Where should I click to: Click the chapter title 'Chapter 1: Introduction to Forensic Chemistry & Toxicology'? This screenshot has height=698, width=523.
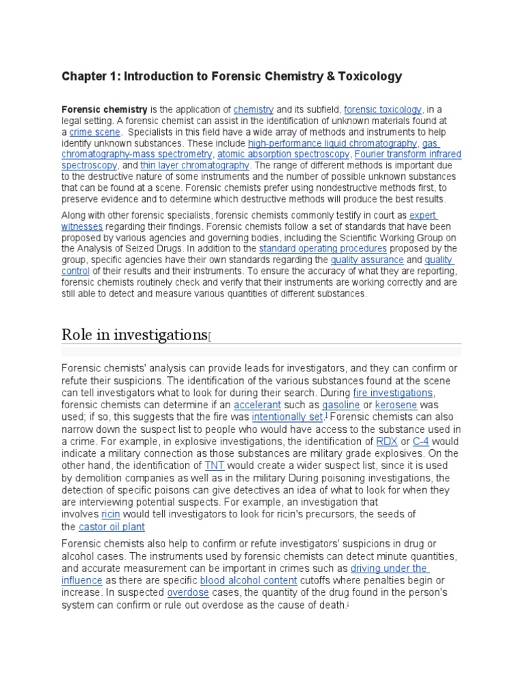point(232,76)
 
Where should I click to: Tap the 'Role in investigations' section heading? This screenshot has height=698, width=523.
point(133,334)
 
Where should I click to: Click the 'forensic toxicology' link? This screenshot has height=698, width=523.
point(383,109)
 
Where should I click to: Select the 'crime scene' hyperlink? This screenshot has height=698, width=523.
point(95,132)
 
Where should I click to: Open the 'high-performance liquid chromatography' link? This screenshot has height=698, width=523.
point(332,143)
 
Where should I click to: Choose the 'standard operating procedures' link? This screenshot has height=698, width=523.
point(323,249)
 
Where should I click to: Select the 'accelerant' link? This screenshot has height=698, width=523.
point(257,405)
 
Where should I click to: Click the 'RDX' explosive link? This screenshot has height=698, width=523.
point(387,441)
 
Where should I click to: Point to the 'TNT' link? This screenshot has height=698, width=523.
point(215,465)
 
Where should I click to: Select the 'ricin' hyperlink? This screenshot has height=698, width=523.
point(110,514)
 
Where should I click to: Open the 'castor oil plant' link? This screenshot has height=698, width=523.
point(112,527)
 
